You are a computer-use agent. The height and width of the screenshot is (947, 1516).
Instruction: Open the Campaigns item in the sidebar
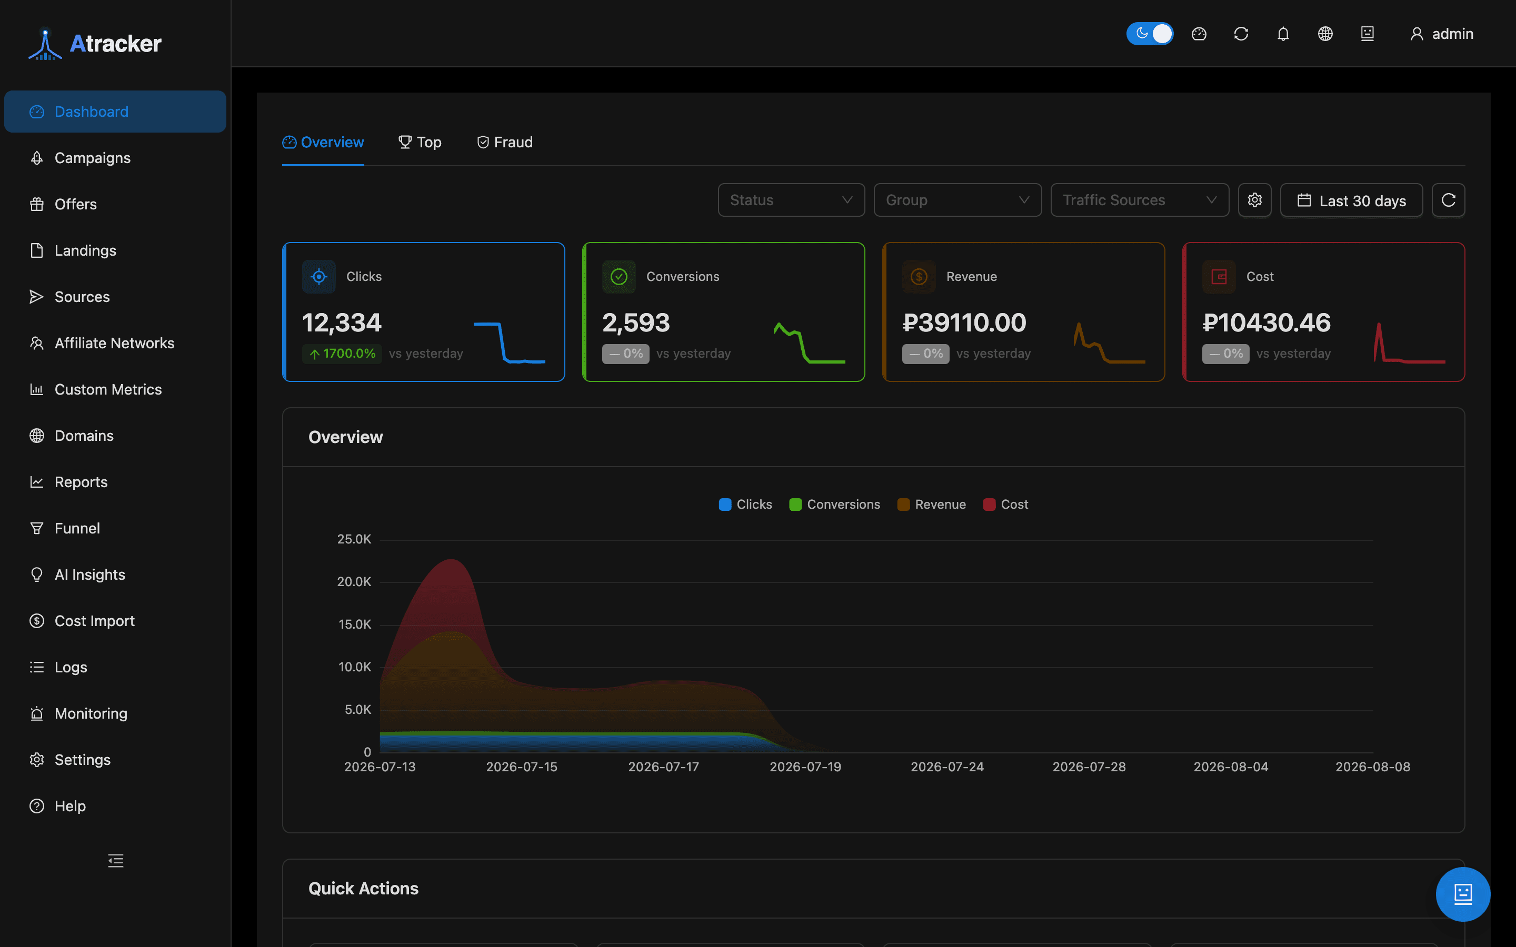93,158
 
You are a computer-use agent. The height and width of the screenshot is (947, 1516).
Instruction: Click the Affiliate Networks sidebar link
114,343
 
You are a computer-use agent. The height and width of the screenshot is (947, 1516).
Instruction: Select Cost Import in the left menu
94,621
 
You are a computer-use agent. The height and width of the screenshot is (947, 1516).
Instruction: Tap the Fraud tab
505,142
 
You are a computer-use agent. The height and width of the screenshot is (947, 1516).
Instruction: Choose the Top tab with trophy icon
420,142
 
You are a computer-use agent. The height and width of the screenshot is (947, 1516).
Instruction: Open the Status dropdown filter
791,200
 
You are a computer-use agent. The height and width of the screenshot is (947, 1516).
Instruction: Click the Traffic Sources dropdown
1140,200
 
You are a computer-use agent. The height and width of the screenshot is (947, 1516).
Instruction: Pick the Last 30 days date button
1351,200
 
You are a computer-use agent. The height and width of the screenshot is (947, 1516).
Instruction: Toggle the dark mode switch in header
1150,34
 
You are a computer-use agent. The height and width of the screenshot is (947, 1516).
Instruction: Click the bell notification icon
1283,34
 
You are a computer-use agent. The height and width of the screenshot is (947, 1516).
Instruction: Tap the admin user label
1452,34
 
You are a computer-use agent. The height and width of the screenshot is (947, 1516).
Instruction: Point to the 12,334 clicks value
342,323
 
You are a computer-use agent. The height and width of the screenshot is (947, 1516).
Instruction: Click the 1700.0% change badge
342,354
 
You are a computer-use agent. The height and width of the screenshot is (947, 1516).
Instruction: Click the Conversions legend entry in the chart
834,504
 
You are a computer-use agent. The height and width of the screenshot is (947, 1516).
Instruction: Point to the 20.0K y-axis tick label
354,582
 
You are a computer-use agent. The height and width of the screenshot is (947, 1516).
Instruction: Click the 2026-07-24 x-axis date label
947,767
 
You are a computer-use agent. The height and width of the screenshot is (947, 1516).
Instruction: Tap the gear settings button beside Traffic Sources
1255,200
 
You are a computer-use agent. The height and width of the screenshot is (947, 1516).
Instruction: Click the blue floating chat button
1463,894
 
